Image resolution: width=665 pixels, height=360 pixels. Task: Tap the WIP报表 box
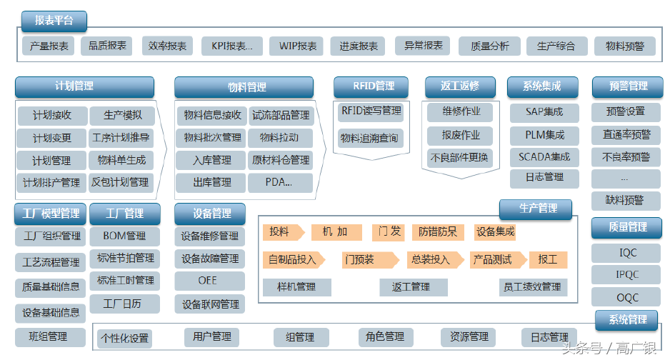pos(298,46)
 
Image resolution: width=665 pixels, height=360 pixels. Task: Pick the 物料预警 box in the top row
pos(625,46)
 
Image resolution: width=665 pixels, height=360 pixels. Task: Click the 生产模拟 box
pos(123,115)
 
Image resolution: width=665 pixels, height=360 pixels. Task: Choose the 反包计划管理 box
pos(120,183)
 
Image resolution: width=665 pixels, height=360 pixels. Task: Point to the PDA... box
pos(279,183)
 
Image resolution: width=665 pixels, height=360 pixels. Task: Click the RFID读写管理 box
pos(371,111)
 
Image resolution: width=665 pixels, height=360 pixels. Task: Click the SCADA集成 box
pos(544,157)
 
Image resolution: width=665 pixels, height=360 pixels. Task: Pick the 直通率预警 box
pos(626,134)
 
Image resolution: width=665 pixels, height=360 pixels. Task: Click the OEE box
pos(208,281)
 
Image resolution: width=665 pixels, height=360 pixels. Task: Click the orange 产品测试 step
pos(493,259)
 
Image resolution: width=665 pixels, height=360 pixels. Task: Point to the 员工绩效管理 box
pos(532,287)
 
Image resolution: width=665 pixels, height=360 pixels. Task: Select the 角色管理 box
pos(385,337)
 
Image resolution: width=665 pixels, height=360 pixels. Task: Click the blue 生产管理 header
pos(537,209)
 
